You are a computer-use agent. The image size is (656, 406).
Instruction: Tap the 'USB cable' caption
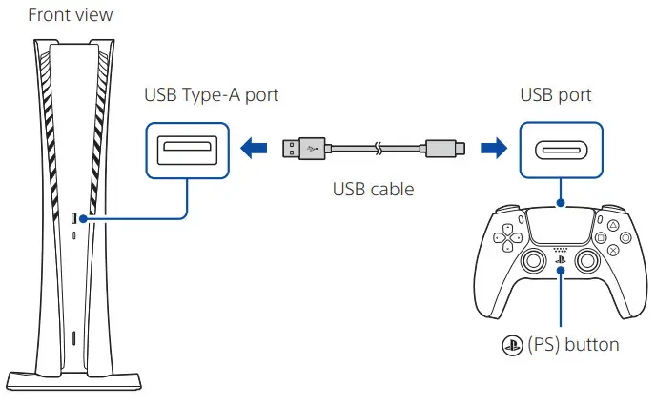tap(373, 189)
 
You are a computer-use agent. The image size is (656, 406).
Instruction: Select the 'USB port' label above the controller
tap(556, 96)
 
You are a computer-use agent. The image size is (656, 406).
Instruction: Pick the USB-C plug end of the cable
tap(444, 149)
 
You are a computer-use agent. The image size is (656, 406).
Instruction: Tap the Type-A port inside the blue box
tap(186, 149)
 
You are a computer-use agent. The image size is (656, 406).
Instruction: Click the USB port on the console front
tap(75, 220)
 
